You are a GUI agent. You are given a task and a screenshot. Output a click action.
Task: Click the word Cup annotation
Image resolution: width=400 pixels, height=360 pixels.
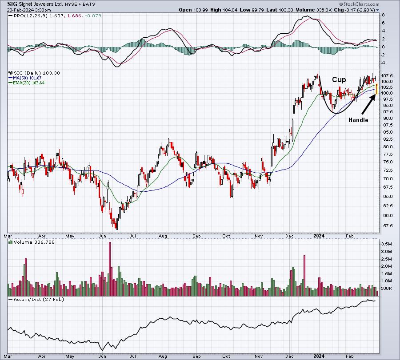[x=339, y=80]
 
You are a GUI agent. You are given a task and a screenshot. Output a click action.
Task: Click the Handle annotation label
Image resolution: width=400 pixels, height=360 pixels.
[x=358, y=120]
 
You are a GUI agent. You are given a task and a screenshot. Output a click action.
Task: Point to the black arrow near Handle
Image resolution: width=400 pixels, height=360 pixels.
[x=369, y=104]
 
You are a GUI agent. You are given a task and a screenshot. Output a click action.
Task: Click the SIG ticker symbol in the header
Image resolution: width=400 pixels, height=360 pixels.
[x=12, y=4]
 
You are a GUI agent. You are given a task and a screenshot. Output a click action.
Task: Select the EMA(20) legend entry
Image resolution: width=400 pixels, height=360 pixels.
[x=27, y=83]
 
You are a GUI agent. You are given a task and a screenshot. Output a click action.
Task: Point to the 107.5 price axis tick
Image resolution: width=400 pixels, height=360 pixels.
[x=387, y=75]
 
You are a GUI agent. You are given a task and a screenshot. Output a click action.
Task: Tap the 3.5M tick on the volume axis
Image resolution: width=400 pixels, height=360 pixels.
[x=387, y=244]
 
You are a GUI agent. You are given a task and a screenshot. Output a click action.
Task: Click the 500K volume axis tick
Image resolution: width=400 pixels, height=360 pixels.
[x=387, y=289]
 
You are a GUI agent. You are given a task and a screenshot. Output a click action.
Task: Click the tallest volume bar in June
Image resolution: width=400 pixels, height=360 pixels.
[x=110, y=269]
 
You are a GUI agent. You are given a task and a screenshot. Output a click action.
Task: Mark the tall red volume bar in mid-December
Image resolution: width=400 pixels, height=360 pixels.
[x=304, y=275]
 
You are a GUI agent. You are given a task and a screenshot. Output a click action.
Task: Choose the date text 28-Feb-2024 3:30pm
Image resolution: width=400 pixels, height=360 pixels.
[x=29, y=10]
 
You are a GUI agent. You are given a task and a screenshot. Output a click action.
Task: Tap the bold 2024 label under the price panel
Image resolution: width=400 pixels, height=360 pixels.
[x=319, y=236]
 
